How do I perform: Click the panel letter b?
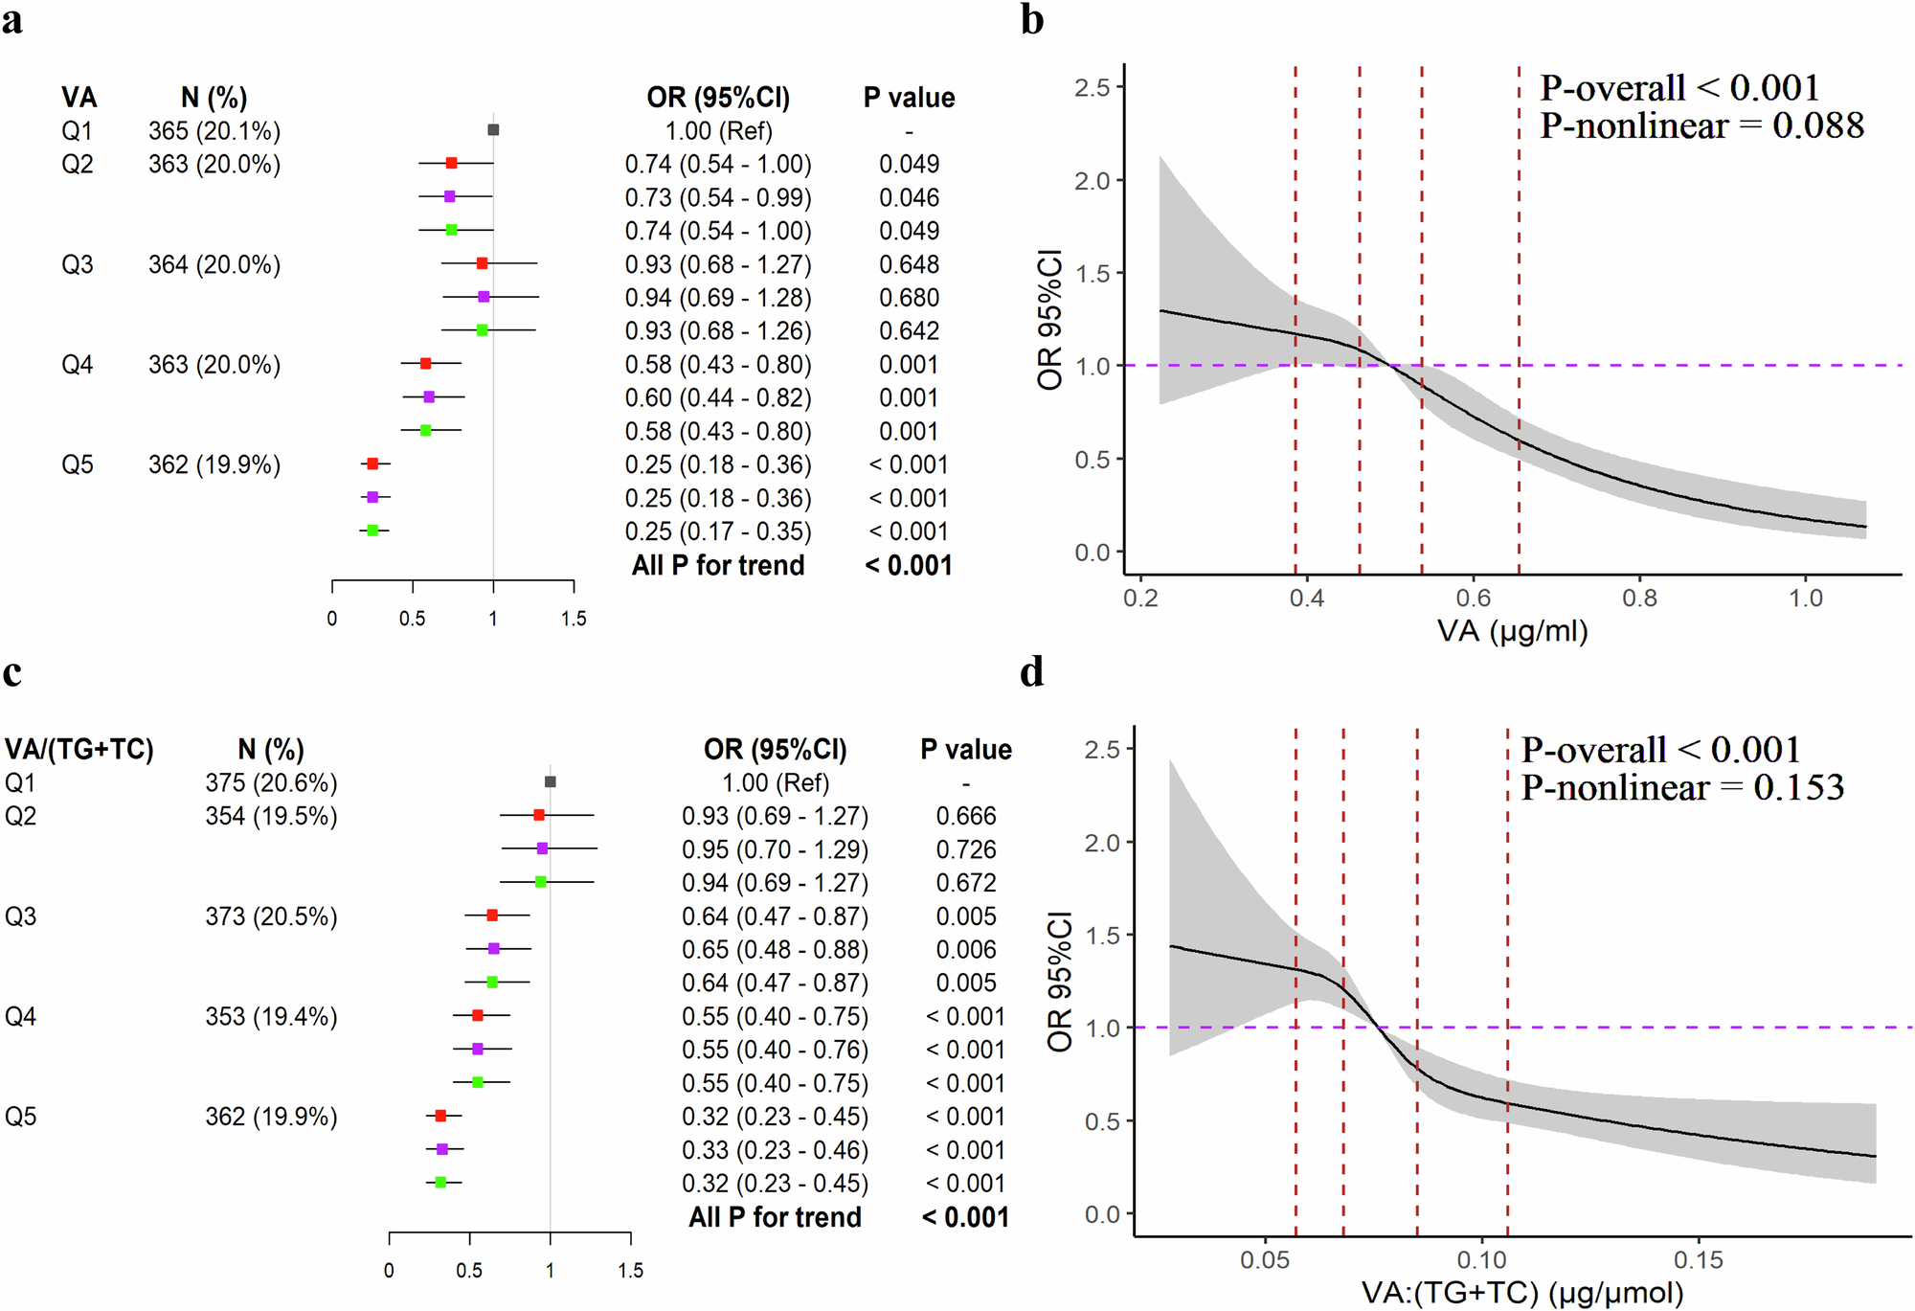point(1031,20)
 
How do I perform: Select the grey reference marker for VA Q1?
point(493,129)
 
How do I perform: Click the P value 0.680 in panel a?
point(909,298)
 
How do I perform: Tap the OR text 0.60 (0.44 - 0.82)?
point(718,397)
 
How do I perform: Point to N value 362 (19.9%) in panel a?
point(214,464)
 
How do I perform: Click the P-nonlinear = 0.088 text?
point(1701,125)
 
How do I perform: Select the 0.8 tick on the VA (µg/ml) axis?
point(1639,599)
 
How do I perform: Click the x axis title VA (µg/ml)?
point(1512,631)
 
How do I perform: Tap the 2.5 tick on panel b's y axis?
point(1092,88)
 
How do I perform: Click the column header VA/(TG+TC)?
point(79,749)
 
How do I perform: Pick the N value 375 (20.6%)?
point(271,782)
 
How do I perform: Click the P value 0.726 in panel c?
point(966,849)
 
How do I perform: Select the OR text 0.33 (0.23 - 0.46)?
point(775,1150)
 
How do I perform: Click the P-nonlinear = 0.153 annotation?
point(1682,788)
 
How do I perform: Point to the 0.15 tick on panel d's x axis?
point(1699,1260)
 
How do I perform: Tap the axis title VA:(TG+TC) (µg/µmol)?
point(1522,1293)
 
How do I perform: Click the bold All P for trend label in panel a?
point(718,565)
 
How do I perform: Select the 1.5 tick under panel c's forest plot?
point(630,1271)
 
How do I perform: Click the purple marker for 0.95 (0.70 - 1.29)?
point(542,848)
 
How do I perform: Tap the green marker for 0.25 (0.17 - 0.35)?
point(373,531)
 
